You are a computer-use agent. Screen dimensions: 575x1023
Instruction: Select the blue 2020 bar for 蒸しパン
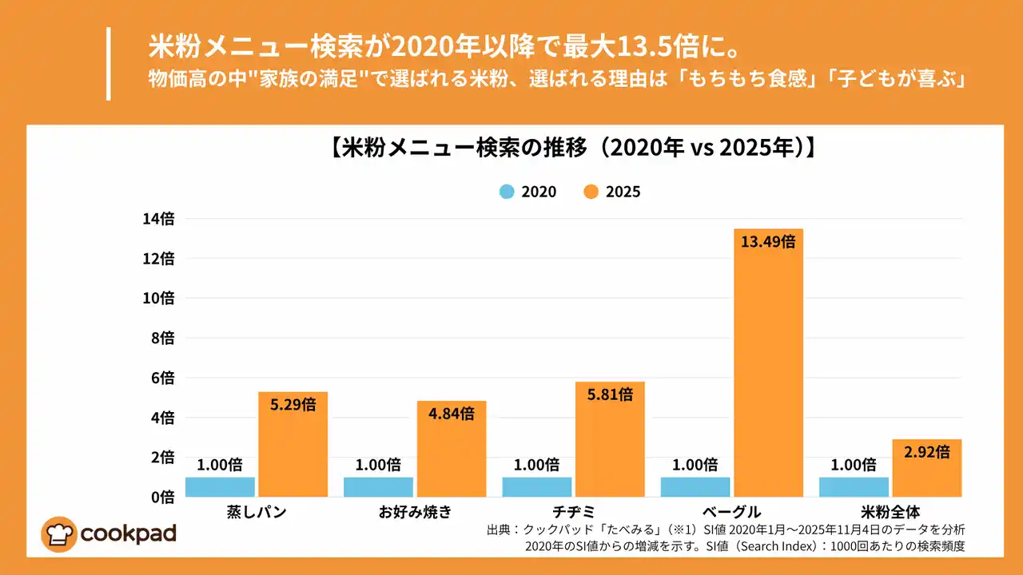[220, 487]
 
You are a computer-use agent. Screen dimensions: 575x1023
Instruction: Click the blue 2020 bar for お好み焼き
[378, 487]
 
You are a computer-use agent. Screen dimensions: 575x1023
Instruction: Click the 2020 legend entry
[527, 192]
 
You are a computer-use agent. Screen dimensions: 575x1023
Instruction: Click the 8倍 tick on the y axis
[161, 338]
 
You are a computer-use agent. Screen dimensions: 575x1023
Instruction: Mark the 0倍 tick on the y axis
[161, 497]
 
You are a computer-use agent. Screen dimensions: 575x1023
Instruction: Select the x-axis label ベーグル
[731, 512]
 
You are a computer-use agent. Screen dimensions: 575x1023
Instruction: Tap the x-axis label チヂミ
[573, 512]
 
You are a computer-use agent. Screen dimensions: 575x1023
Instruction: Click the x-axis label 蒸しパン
[256, 512]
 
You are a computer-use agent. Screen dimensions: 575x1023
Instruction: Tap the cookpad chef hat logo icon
[59, 534]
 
